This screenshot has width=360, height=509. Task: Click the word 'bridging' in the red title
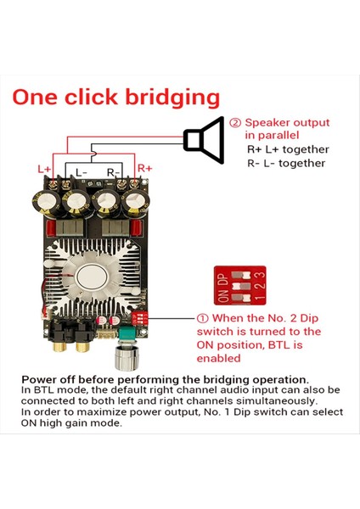(x=172, y=98)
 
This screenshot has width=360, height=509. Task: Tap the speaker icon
(x=205, y=140)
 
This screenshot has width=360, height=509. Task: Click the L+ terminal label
(x=44, y=169)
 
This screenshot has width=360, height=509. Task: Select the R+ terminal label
(x=144, y=169)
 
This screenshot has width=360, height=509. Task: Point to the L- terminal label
(x=82, y=172)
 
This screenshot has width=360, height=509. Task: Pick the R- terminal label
(x=111, y=172)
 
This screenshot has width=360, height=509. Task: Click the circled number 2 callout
(x=235, y=121)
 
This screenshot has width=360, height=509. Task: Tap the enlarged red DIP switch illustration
(x=239, y=286)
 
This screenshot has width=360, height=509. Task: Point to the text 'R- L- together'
(x=286, y=163)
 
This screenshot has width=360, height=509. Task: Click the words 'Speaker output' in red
(x=286, y=121)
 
